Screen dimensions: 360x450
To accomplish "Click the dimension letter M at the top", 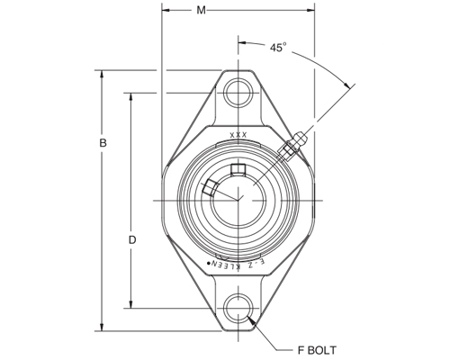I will coord(201,10).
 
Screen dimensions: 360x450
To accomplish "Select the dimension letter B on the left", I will coord(103,144).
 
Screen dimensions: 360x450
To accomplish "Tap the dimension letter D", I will coord(132,240).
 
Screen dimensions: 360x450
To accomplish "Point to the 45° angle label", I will coord(278,48).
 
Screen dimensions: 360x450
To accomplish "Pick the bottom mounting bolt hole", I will coord(238,306).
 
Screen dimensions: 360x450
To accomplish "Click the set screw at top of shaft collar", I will coord(238,171).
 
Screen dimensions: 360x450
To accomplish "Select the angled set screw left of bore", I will coord(211,187).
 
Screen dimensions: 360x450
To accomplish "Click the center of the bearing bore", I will coord(238,198).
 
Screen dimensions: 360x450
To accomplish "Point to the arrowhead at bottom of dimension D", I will coord(131,303).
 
